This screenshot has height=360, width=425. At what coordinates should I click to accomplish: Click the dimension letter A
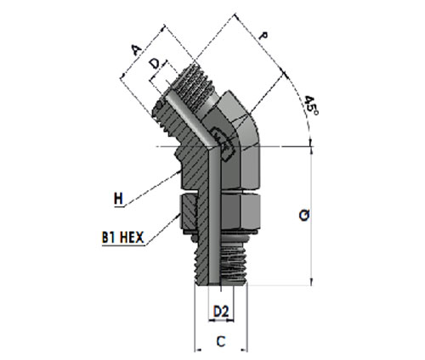[x=137, y=50]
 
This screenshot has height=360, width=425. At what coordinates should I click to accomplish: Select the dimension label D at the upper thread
[x=155, y=64]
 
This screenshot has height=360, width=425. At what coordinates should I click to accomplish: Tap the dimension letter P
[x=264, y=37]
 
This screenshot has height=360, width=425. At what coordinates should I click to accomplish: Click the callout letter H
[x=118, y=199]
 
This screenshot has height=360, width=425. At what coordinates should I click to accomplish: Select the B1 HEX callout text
[x=123, y=238]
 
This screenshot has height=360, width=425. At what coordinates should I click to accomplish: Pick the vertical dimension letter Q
[x=304, y=216]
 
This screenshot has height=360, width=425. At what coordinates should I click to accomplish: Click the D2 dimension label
[x=221, y=312]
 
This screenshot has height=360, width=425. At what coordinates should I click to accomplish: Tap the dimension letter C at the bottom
[x=221, y=341]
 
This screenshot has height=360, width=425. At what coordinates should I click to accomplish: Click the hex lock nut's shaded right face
[x=250, y=211]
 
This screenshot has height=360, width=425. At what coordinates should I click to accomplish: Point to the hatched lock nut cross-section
[x=188, y=211]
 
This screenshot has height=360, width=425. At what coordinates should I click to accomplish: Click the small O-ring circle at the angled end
[x=160, y=104]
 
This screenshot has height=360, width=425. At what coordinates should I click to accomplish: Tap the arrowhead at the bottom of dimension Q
[x=312, y=282]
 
